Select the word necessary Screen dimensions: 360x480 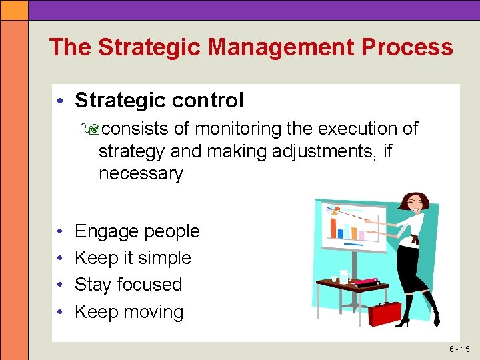point(140,174)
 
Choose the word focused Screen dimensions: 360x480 point(151,285)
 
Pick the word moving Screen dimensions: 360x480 point(152,312)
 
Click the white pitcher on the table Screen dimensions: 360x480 point(343,276)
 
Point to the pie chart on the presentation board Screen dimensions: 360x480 point(332,213)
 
